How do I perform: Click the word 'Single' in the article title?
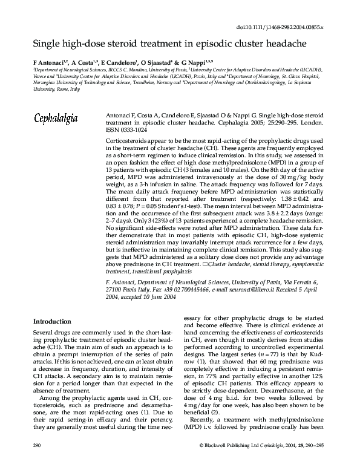(46, 44)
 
